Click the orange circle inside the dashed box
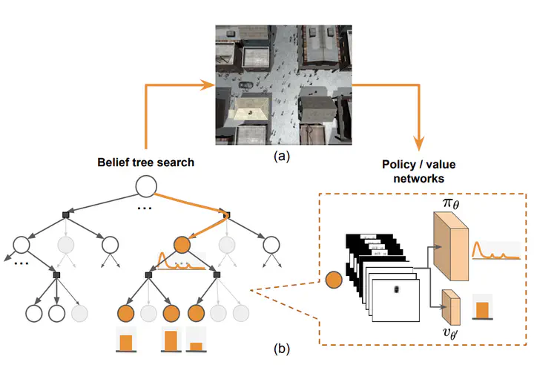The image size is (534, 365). pyautogui.click(x=334, y=280)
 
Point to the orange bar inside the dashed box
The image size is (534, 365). pyautogui.click(x=484, y=310)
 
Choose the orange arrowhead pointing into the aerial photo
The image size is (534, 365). pyautogui.click(x=208, y=84)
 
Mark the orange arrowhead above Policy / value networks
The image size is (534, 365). pyautogui.click(x=418, y=142)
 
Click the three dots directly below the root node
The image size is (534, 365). pyautogui.click(x=145, y=208)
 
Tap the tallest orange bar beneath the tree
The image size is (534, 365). pyautogui.click(x=171, y=341)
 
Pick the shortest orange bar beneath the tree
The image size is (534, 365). pyautogui.click(x=196, y=346)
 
